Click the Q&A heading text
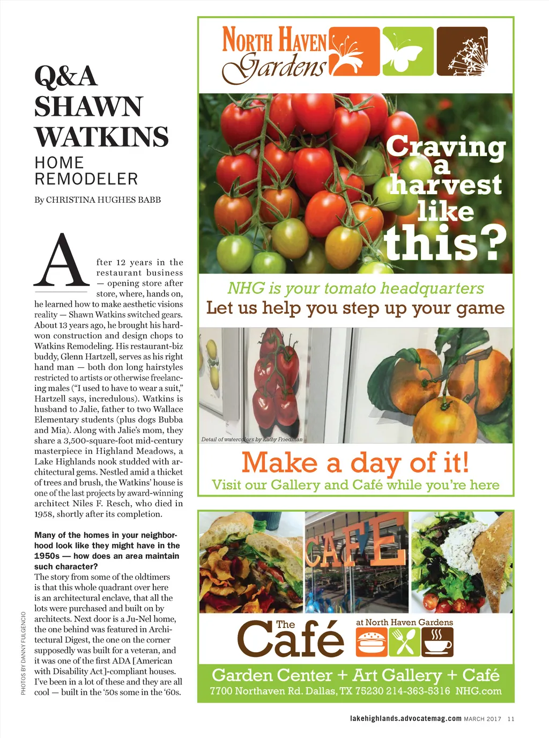pyautogui.click(x=66, y=76)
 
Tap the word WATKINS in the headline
pyautogui.click(x=102, y=137)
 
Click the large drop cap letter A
pyautogui.click(x=62, y=261)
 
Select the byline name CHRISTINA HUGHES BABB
pyautogui.click(x=103, y=200)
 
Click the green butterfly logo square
pyautogui.click(x=408, y=51)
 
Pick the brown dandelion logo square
pyautogui.click(x=462, y=51)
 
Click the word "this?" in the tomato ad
pyautogui.click(x=445, y=242)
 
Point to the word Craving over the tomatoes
pyautogui.click(x=446, y=146)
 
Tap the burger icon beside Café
pyautogui.click(x=371, y=641)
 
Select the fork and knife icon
pyautogui.click(x=404, y=641)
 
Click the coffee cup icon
pyautogui.click(x=437, y=641)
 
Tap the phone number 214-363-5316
pyautogui.click(x=418, y=691)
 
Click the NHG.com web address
pyautogui.click(x=478, y=691)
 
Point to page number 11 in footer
pyautogui.click(x=510, y=719)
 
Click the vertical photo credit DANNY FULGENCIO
pyautogui.click(x=24, y=653)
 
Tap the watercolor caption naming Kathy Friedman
pyautogui.click(x=252, y=439)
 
